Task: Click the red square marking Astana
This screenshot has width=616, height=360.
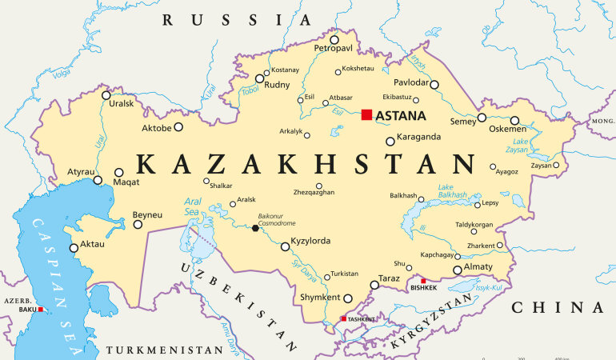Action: [366, 115]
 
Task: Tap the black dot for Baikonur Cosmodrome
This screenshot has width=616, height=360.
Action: [255, 228]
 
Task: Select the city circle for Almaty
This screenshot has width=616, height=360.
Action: [458, 270]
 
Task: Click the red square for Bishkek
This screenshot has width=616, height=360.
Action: [423, 281]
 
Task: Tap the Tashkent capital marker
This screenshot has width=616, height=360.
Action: [344, 319]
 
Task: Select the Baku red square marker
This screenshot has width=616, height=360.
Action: [41, 309]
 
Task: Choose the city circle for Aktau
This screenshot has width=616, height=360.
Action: [74, 247]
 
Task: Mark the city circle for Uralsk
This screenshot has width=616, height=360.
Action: [106, 95]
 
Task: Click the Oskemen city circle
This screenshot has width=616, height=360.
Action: [514, 121]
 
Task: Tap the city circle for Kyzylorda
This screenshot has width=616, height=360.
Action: [285, 247]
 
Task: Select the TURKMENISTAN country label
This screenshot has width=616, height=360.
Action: [164, 350]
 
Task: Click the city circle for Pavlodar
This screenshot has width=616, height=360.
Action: [434, 84]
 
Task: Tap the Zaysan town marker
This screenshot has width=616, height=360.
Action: [556, 166]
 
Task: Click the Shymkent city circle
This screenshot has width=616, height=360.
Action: [348, 298]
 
